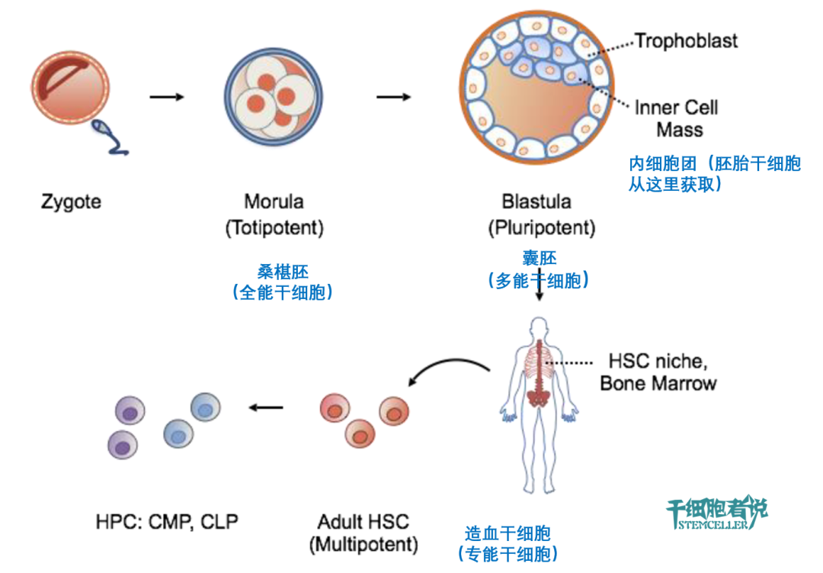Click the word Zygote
point(71,202)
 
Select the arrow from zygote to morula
point(167,97)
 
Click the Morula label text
point(274,201)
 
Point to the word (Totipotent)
point(274,228)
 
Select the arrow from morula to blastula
point(394,97)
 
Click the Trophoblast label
point(686,41)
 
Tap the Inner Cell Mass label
point(677,118)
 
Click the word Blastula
point(536,201)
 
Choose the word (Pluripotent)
point(542,228)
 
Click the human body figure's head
point(539,327)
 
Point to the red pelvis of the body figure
point(537,398)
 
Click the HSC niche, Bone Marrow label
point(658,372)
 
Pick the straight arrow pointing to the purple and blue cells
point(266,407)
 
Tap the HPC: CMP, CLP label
point(167,521)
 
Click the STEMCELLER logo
point(716,513)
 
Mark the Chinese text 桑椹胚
point(283,272)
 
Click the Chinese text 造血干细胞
point(508,533)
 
